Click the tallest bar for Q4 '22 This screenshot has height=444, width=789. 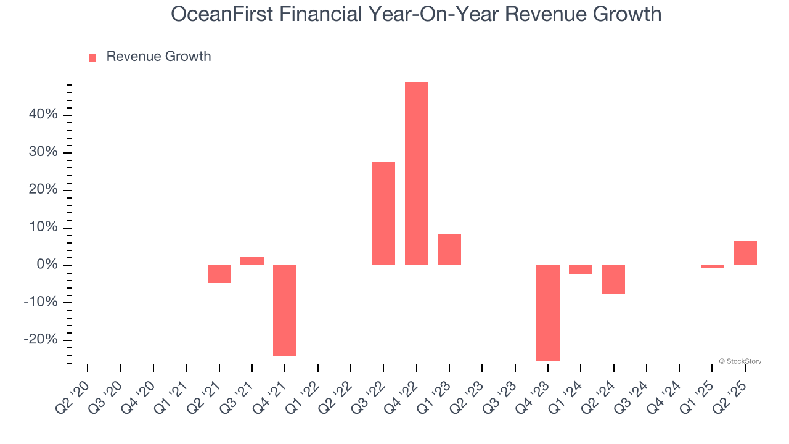416,173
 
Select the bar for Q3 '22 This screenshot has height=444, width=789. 383,213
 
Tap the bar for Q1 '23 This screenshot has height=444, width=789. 449,249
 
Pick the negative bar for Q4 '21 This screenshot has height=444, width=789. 285,310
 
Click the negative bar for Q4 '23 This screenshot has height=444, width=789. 548,313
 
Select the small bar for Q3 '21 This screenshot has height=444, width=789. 252,261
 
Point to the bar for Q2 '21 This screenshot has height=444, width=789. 219,274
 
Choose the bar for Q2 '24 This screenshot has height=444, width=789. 613,279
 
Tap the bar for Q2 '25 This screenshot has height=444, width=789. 745,253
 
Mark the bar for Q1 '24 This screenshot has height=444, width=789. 581,269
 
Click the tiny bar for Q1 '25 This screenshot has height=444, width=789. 712,266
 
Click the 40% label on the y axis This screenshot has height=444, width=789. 42,115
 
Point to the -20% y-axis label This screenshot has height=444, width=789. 40,340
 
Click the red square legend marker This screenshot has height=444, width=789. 92,57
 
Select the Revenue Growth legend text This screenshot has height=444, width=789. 158,57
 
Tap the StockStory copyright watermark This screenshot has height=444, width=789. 740,361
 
